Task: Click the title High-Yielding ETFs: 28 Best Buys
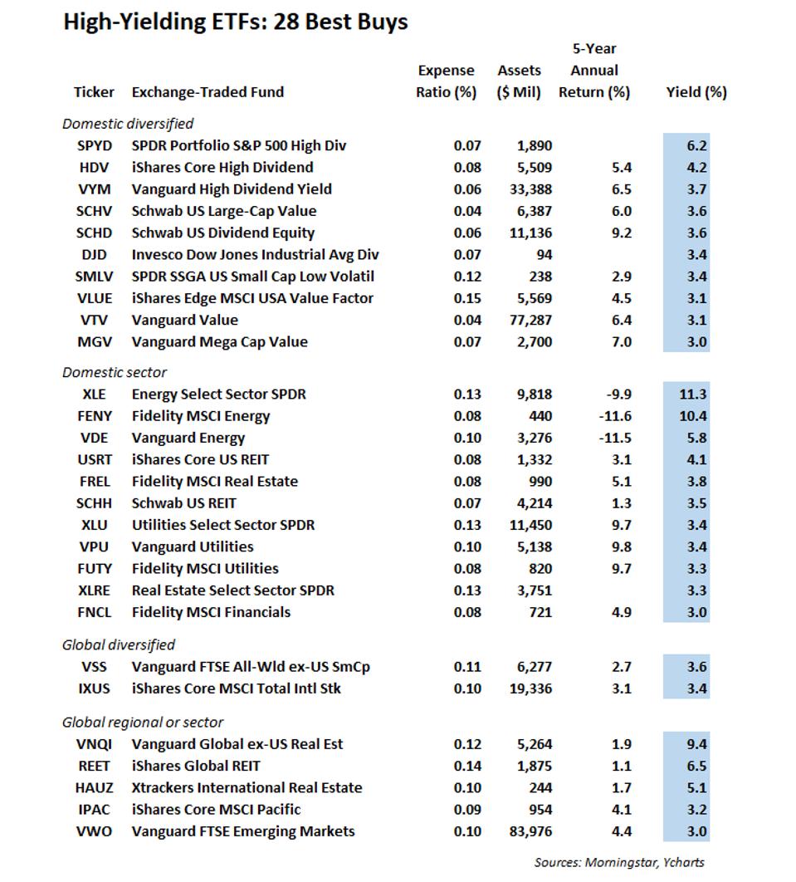(x=236, y=21)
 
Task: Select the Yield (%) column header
(x=696, y=92)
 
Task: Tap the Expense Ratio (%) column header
(x=446, y=81)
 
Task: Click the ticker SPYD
(x=93, y=145)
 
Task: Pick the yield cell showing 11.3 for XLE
(x=691, y=394)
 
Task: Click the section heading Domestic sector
(x=115, y=373)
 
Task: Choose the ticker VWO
(x=93, y=831)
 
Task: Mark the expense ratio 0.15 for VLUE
(x=467, y=298)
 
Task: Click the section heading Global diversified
(x=119, y=644)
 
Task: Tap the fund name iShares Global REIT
(x=196, y=766)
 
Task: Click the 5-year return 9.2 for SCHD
(x=620, y=233)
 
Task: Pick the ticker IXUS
(x=93, y=688)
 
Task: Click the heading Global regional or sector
(x=143, y=722)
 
